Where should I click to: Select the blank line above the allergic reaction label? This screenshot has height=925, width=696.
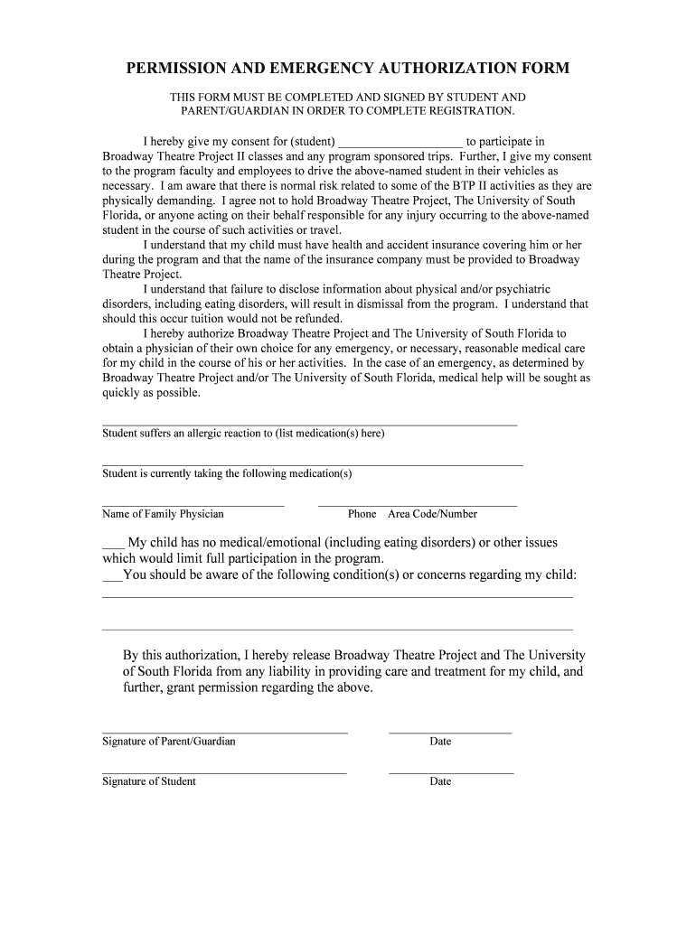coord(309,425)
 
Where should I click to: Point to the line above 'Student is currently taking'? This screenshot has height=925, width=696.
coord(312,464)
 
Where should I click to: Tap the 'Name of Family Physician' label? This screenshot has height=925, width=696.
coord(163,514)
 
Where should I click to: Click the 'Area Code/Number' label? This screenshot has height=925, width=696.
coord(432,514)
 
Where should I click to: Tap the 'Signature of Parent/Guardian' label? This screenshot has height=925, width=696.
coord(169,742)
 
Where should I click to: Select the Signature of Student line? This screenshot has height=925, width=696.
coord(224,773)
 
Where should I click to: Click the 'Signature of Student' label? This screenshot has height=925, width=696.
coord(149,781)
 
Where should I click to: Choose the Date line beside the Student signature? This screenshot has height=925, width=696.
coord(451,773)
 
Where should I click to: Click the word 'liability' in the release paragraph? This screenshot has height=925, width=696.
coord(280,671)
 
